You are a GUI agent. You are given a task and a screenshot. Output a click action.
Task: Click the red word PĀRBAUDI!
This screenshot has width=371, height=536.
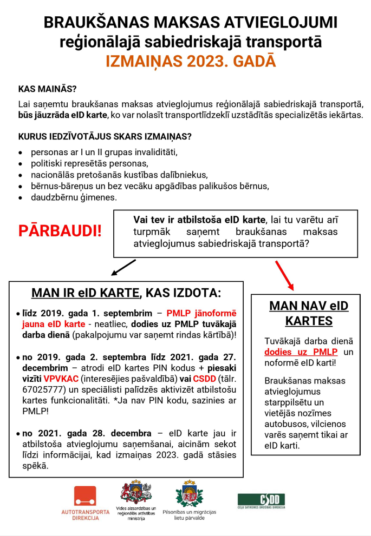pyautogui.click(x=60, y=230)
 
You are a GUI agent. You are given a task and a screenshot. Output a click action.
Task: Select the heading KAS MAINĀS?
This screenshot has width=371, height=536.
pyautogui.click(x=47, y=88)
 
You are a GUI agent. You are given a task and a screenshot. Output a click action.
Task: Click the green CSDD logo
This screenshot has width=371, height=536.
pyautogui.click(x=262, y=500)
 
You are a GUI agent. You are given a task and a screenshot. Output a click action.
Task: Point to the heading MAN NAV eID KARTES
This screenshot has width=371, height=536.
pyautogui.click(x=309, y=313)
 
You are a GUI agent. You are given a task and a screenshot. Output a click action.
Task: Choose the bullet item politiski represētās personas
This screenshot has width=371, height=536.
pyautogui.click(x=89, y=163)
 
